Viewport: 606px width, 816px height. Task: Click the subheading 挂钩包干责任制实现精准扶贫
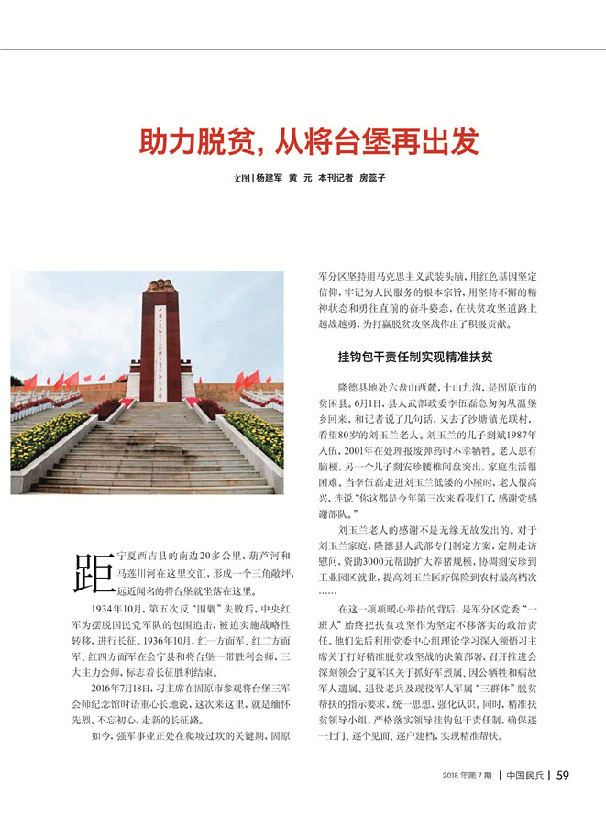[x=402, y=357]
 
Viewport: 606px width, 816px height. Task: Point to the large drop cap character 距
[x=94, y=573]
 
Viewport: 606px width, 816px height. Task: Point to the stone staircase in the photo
[x=156, y=449]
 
